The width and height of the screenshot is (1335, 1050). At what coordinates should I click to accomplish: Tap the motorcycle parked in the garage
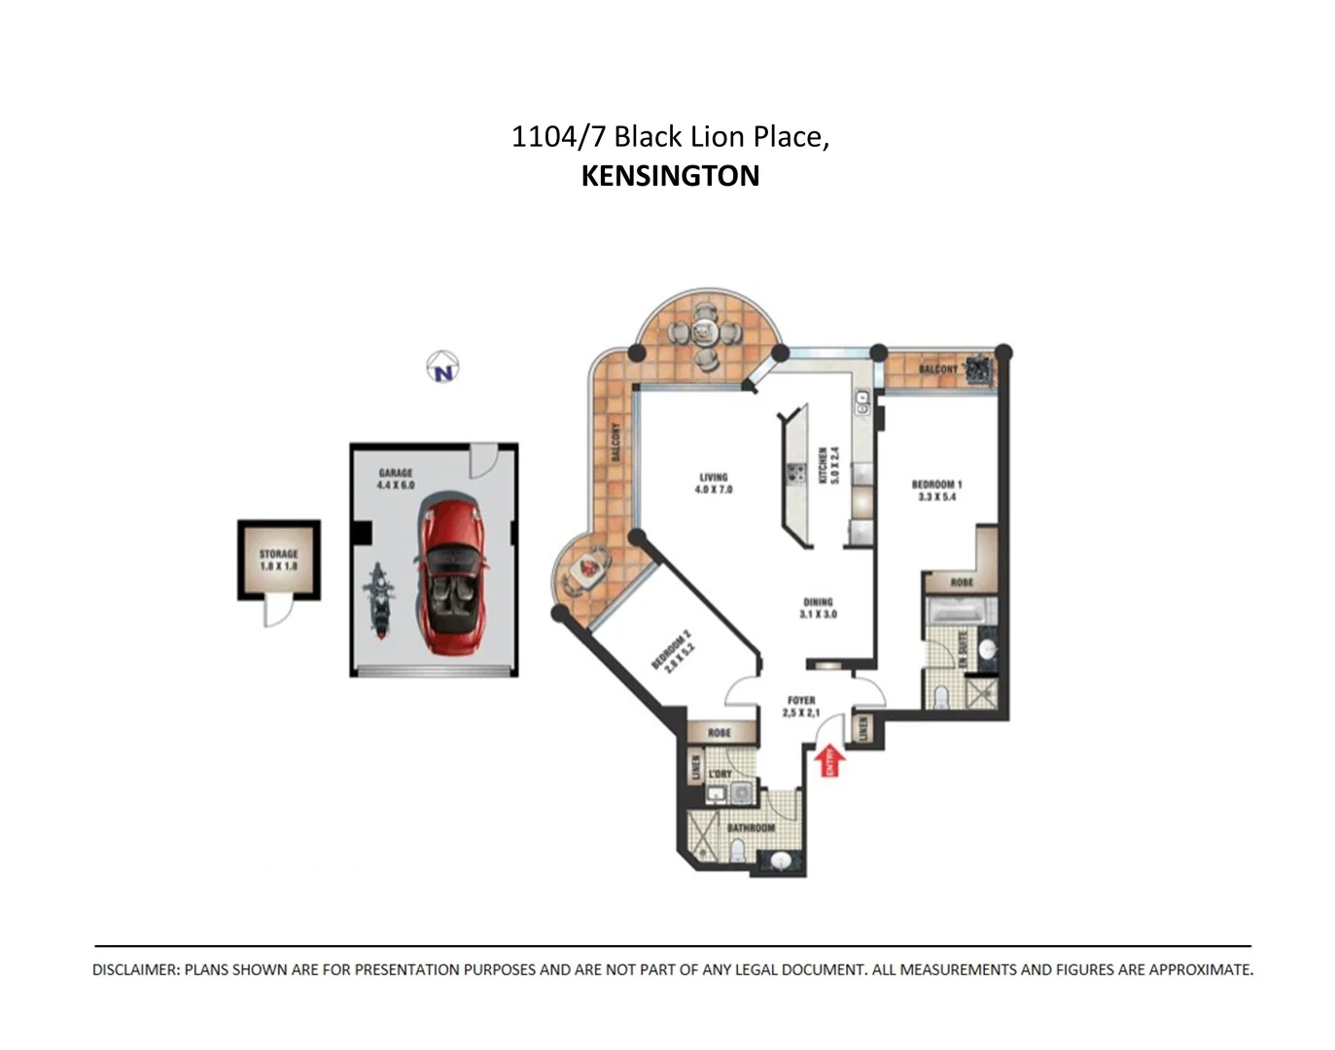(x=379, y=602)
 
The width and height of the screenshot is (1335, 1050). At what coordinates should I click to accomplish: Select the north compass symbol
(x=443, y=368)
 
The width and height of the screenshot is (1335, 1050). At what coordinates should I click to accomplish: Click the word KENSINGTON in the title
(x=670, y=176)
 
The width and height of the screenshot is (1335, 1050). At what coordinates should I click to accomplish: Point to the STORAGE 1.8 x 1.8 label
(x=279, y=560)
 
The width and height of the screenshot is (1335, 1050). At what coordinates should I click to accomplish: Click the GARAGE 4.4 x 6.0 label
(x=396, y=478)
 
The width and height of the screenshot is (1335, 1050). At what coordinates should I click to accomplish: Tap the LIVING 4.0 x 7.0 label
(x=714, y=483)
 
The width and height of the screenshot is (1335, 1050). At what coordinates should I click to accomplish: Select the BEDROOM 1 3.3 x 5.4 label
(x=936, y=490)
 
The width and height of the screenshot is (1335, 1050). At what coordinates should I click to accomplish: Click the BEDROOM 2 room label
(x=674, y=649)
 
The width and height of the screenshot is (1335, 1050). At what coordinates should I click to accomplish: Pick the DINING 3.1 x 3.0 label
(x=818, y=608)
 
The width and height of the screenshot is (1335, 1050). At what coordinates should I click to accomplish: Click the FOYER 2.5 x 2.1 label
(x=801, y=706)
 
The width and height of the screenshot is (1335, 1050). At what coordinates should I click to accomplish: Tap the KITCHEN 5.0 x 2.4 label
(x=827, y=466)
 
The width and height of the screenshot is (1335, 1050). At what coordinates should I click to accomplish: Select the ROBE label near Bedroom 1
(x=961, y=582)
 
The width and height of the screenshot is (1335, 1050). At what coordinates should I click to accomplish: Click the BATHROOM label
(x=752, y=827)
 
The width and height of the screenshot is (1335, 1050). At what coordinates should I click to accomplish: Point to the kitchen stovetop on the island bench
(x=796, y=473)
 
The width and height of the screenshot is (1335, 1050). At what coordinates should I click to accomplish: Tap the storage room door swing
(x=278, y=612)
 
